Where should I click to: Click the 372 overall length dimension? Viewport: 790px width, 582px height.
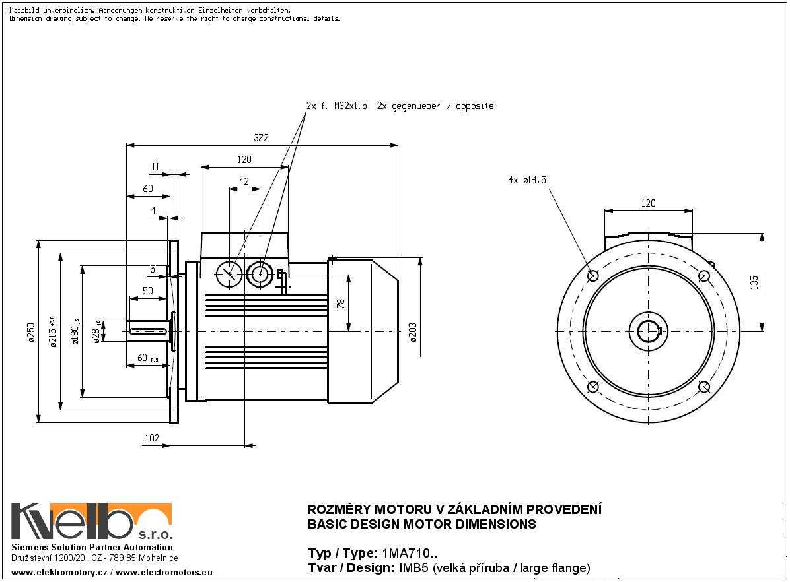[x=262, y=137]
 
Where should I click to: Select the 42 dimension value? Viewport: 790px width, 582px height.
[x=244, y=181]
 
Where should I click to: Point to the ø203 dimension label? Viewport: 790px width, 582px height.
[x=413, y=332]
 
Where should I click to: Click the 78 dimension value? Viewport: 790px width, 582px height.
[x=341, y=303]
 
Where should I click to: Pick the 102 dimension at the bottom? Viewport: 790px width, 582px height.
[x=152, y=437]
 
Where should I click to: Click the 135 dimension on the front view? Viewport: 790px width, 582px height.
[x=755, y=282]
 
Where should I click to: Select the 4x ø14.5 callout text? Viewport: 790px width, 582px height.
[x=527, y=179]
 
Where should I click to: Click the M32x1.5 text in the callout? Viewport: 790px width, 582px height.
[x=351, y=106]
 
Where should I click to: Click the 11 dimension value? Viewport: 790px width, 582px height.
[x=155, y=168]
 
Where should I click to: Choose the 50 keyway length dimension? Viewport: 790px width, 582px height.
[x=147, y=291]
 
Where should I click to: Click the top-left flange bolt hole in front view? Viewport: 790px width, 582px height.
[x=592, y=275]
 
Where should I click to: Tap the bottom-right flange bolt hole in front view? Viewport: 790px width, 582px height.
[x=704, y=387]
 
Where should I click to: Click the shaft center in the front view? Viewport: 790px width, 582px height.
[x=649, y=331]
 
